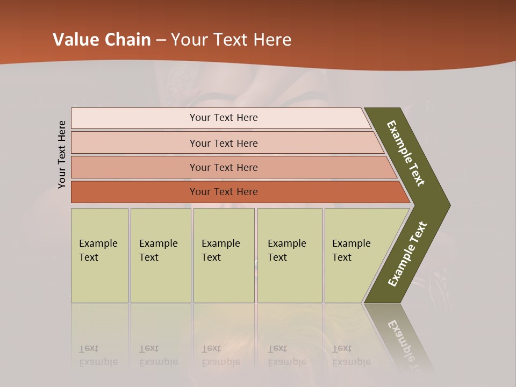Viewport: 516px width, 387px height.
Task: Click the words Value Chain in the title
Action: pyautogui.click(x=102, y=40)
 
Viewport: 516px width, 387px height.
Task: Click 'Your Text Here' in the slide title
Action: pyautogui.click(x=231, y=40)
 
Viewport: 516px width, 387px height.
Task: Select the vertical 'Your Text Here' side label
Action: pyautogui.click(x=62, y=154)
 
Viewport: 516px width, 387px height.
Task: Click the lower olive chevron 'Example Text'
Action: pyautogui.click(x=407, y=254)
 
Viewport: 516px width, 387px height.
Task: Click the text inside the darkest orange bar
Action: pyautogui.click(x=224, y=192)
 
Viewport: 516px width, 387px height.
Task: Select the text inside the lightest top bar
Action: pyautogui.click(x=224, y=118)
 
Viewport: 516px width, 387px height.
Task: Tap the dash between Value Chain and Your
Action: pyautogui.click(x=160, y=40)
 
